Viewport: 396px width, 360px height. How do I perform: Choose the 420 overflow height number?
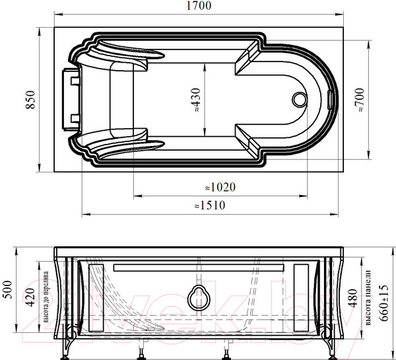click(28, 299)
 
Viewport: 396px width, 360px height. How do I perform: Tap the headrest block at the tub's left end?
click(71, 98)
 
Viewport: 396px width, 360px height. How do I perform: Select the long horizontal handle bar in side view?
click(199, 268)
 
